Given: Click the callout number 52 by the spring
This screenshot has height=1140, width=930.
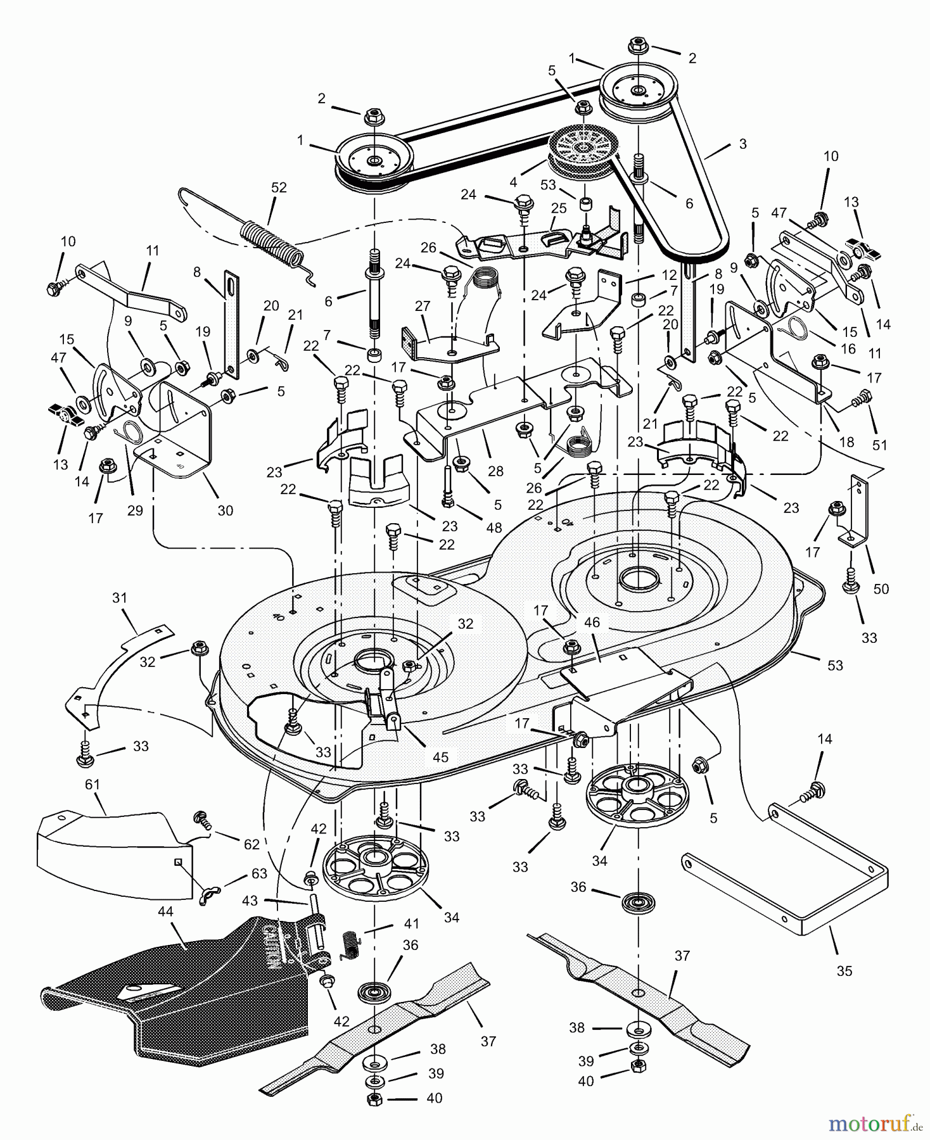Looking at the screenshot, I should [279, 187].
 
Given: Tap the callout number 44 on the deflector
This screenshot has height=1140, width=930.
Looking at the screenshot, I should [165, 912].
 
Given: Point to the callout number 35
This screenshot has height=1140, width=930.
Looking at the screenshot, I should [844, 971].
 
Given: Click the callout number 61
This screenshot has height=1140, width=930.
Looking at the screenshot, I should [92, 785].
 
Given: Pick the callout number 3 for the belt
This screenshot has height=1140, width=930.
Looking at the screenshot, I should [742, 144].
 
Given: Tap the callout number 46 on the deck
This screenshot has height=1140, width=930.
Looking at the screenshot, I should [592, 623].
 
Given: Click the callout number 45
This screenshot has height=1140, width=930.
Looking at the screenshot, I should [440, 757].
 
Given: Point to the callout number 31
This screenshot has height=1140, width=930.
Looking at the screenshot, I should [120, 597].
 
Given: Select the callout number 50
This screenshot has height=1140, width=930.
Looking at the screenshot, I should [881, 589].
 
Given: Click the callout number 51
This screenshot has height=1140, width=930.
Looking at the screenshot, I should [880, 445].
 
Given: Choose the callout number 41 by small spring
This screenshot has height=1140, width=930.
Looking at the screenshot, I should [412, 923].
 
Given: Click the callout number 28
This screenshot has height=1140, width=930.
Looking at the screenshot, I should [495, 471].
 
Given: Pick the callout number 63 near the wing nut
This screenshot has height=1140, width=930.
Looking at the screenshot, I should [258, 873].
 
